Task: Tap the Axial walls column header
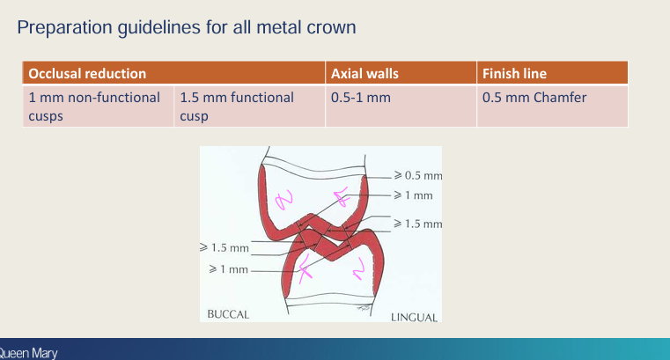point(364,74)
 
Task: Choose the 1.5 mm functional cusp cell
point(236,106)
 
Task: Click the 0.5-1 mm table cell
point(360,98)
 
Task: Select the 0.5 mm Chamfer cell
point(534,98)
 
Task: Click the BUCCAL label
point(228,313)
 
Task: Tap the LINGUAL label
point(414,317)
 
